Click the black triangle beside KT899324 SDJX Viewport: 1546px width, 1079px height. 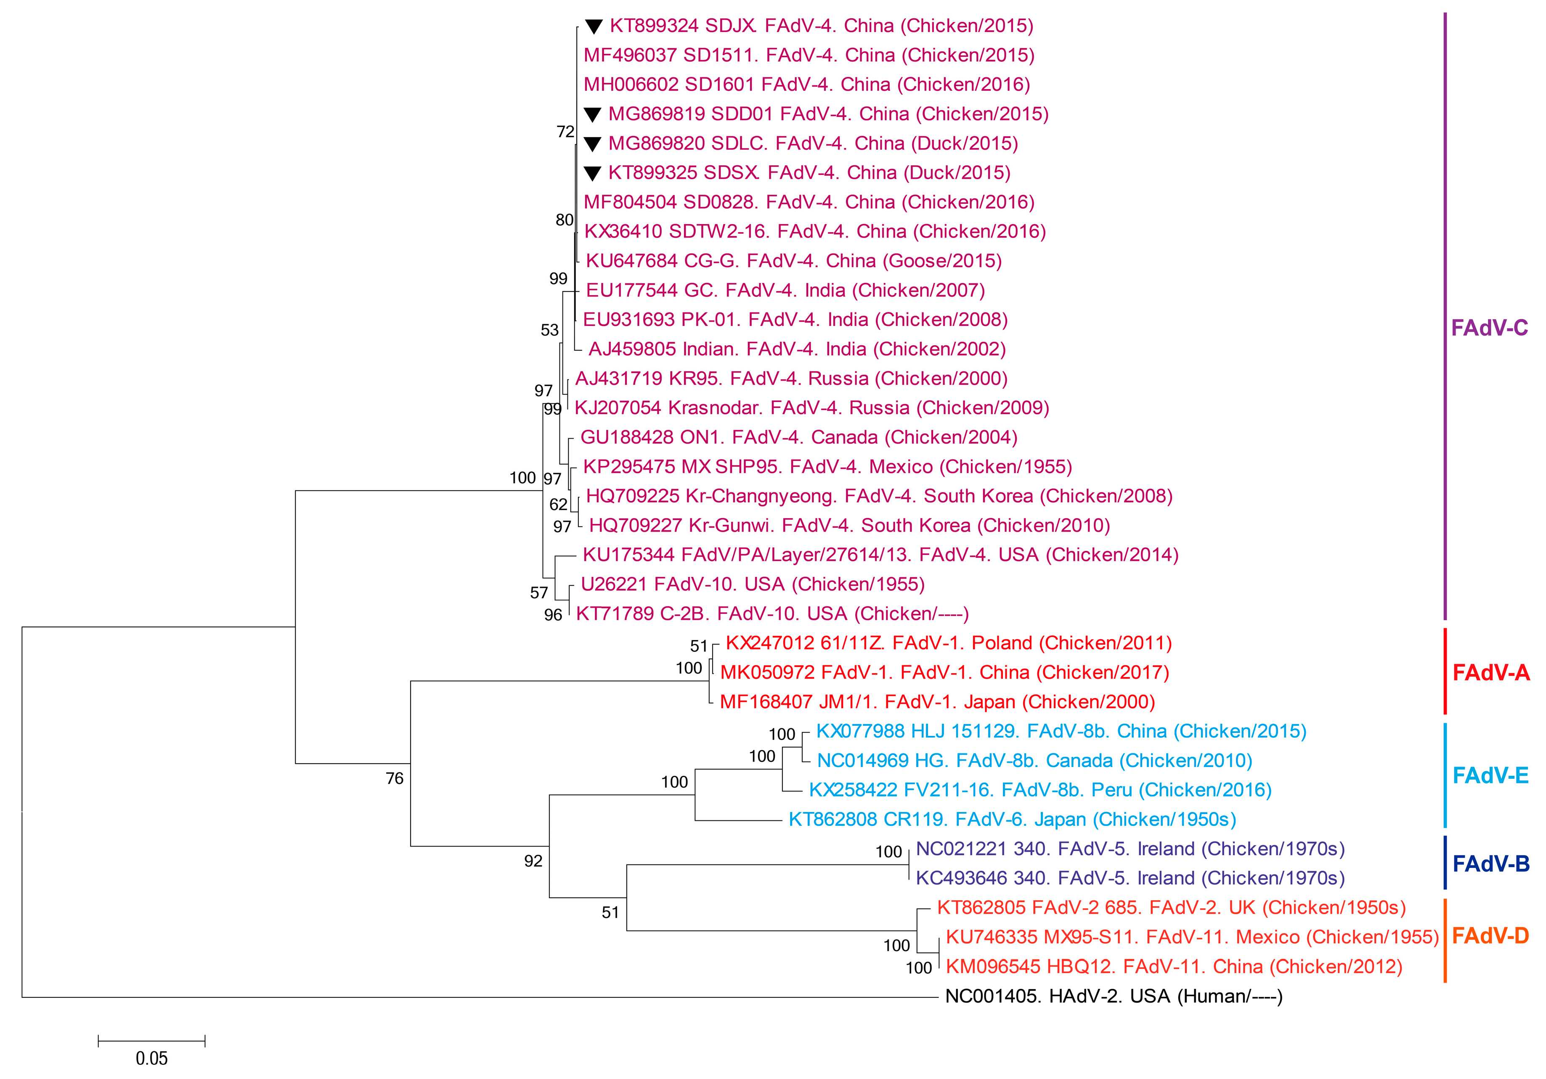coord(593,27)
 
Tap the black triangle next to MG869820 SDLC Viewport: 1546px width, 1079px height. coord(592,144)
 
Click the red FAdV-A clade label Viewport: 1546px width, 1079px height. coord(1491,672)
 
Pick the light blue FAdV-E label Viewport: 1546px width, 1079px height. coord(1490,775)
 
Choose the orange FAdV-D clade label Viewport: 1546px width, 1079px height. coord(1490,936)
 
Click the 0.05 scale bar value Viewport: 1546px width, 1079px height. coord(151,1058)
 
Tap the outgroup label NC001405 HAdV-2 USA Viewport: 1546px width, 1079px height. coord(1114,996)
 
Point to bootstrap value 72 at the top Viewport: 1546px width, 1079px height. coord(565,132)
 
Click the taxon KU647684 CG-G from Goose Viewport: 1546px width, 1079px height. coord(793,261)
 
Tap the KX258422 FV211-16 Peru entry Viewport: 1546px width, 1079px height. coord(1040,790)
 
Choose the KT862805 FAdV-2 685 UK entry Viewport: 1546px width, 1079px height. coord(1171,908)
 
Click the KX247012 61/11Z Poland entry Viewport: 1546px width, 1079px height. coord(948,643)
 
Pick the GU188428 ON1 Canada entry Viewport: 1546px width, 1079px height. coord(798,437)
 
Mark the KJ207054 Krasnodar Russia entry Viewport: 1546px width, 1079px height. coord(811,408)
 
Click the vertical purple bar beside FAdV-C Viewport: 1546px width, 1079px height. coord(1444,316)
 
